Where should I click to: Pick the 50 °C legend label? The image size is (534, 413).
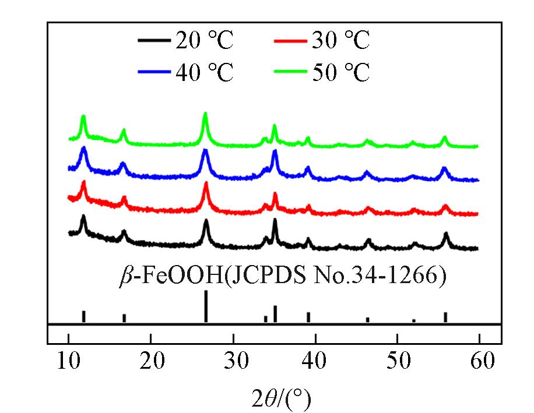pyautogui.click(x=340, y=73)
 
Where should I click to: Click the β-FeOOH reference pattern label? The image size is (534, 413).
pyautogui.click(x=282, y=276)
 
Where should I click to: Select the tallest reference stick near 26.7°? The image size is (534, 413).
pyautogui.click(x=206, y=306)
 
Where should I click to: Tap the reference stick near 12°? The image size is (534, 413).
pyautogui.click(x=84, y=316)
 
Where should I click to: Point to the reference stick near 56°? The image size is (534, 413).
pyautogui.click(x=445, y=317)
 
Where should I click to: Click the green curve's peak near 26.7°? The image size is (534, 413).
pyautogui.click(x=205, y=115)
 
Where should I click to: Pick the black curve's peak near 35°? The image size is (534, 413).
pyautogui.click(x=275, y=221)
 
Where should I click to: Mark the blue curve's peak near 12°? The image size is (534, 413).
pyautogui.click(x=84, y=149)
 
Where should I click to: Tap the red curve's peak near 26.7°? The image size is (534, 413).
pyautogui.click(x=206, y=184)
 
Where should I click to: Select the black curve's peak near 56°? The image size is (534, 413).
pyautogui.click(x=446, y=234)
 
